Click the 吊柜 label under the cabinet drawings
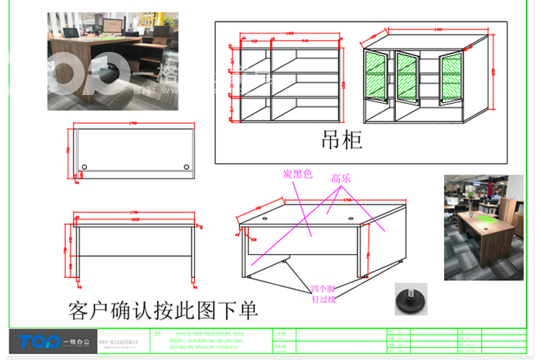342,140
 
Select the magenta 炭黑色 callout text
297,174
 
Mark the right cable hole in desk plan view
186,168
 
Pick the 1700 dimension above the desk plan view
133,124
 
